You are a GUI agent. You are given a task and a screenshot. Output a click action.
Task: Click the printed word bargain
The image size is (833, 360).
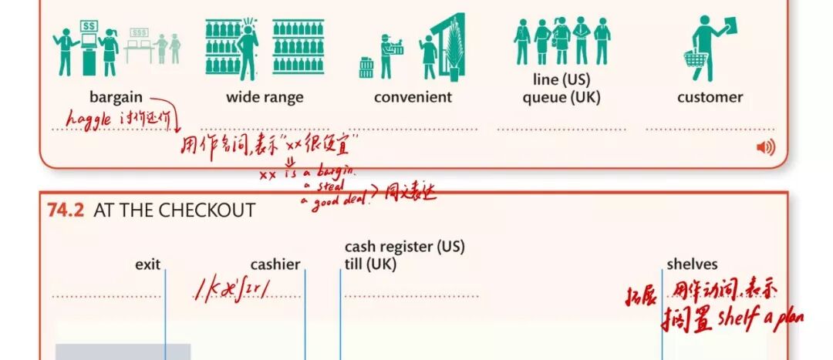116,97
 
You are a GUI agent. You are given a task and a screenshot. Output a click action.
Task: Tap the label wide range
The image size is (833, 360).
265,97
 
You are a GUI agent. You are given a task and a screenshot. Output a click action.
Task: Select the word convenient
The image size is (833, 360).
413,97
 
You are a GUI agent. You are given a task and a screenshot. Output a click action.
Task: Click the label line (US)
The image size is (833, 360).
561,79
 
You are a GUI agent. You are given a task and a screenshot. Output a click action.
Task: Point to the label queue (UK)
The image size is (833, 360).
561,98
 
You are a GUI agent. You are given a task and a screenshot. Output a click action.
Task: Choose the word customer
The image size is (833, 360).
710,97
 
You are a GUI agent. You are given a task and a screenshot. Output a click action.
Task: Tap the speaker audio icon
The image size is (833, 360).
765,147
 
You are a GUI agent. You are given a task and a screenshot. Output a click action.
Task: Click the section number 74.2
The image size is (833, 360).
66,210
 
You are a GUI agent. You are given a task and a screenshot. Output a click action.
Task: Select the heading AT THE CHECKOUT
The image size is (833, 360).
174,210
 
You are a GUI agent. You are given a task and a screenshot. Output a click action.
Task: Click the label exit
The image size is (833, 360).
147,264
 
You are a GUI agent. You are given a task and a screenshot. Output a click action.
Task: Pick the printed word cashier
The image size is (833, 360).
275,264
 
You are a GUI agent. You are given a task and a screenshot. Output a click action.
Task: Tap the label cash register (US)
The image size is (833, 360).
405,247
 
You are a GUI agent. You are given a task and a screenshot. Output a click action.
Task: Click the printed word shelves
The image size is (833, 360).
692,264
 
